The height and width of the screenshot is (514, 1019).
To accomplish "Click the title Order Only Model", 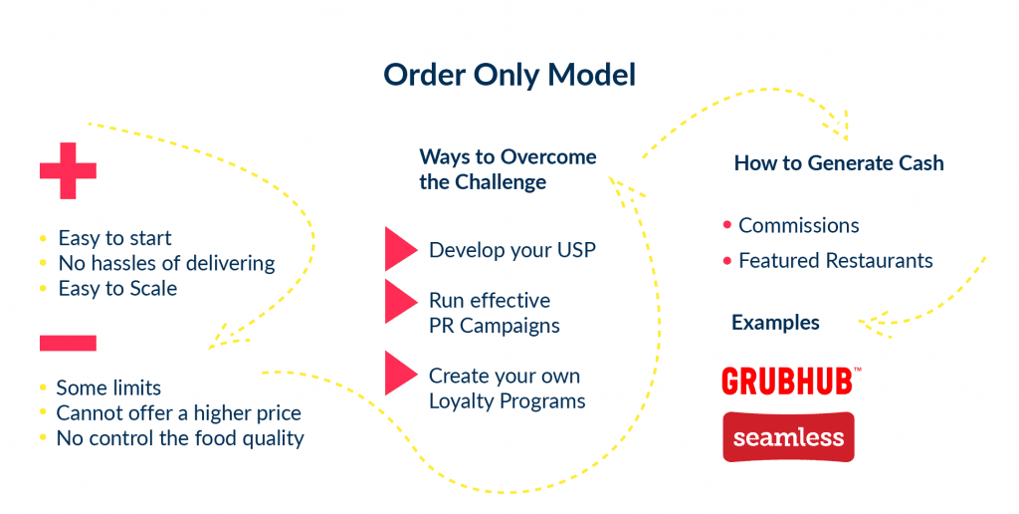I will pos(509,76).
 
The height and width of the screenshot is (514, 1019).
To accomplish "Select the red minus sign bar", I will pos(68,343).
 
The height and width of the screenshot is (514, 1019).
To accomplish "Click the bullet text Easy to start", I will pos(114,238).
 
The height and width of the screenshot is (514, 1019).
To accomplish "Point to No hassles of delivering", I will pos(166,263).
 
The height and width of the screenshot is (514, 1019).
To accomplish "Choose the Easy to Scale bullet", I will pos(117,288).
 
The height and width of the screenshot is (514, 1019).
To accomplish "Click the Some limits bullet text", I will pos(108,387).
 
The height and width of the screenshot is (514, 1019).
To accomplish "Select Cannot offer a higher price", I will pos(178,412).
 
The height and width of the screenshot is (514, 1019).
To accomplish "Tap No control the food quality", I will pos(180,437).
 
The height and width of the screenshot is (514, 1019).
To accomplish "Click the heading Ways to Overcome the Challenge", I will pos(508,169).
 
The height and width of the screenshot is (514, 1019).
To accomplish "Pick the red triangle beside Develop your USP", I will pos(400,249).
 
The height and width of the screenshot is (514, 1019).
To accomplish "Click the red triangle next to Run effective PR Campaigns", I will pos(400,301).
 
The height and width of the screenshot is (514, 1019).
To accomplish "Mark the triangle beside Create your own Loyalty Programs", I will pos(400,374).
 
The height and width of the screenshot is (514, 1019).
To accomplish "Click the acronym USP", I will pos(576,250).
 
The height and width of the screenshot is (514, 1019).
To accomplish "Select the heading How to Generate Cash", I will pos(839,162).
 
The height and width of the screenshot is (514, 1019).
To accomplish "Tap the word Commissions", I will pos(798,225).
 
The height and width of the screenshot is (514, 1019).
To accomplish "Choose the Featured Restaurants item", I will pos(835,261).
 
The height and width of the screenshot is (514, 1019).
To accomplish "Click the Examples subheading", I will pos(775,323).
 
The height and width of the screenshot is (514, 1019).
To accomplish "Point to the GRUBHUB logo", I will pos(791,381).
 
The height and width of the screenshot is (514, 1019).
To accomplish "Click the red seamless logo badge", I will pos(788,437).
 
